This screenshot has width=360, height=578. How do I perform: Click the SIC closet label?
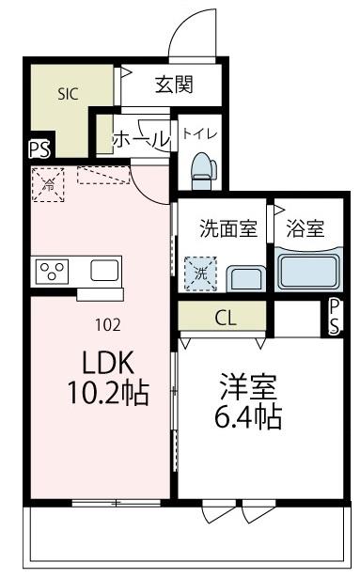69,93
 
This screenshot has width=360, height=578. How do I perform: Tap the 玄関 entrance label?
174,86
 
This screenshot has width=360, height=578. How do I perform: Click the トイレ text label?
199,133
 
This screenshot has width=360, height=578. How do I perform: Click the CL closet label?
225,317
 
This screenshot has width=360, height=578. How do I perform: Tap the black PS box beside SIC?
39,148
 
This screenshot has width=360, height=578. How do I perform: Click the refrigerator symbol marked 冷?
49,183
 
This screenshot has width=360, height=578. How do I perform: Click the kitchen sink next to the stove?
103,271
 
